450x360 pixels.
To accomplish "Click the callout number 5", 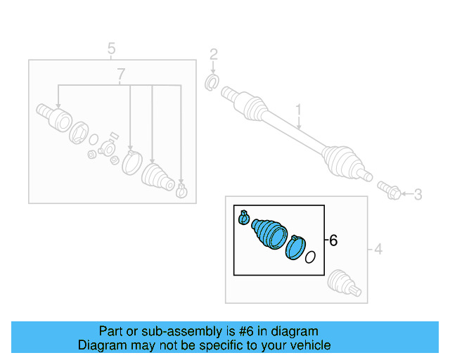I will tap(111, 49).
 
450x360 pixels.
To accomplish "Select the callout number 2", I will tap(214, 54).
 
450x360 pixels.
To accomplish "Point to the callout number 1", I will tap(298, 110).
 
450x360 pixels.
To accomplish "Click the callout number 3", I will tap(418, 194).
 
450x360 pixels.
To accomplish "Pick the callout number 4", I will tap(378, 249).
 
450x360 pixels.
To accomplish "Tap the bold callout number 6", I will tap(333, 240).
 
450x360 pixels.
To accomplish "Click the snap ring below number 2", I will tap(210, 85).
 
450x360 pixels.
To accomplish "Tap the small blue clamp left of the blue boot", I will tap(244, 219).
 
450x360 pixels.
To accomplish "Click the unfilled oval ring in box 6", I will tap(310, 257).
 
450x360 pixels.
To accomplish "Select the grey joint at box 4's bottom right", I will tap(345, 283).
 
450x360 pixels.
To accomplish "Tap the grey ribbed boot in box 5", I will tap(157, 177).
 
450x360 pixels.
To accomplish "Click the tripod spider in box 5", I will tap(107, 148).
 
